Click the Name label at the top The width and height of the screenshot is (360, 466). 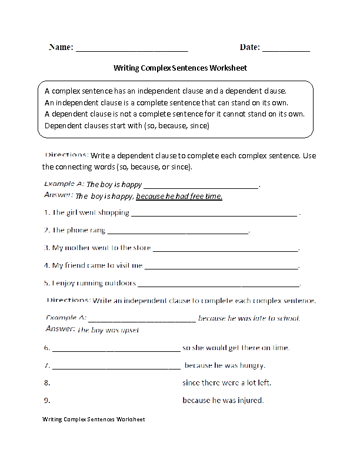tap(61, 47)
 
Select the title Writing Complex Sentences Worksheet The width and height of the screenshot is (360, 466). tap(180, 68)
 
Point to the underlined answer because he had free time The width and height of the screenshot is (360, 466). tap(179, 197)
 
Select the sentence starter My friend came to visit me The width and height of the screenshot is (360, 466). tap(97, 265)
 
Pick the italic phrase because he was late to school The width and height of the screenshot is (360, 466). tap(249, 318)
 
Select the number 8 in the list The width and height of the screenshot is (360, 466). tap(46, 383)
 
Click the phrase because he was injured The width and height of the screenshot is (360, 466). tap(223, 401)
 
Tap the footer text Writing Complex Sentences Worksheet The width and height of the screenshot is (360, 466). tap(93, 420)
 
